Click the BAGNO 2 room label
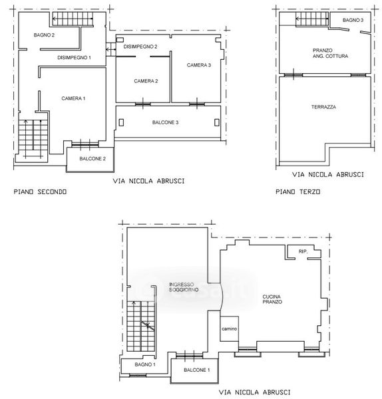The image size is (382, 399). [x=44, y=35]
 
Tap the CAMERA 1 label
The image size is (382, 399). [x=73, y=98]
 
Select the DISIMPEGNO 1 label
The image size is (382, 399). [x=74, y=58]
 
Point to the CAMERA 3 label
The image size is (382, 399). [x=199, y=65]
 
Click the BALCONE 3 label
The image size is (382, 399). [x=165, y=122]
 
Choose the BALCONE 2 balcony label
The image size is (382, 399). [x=93, y=159]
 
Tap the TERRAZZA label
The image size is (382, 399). [x=323, y=107]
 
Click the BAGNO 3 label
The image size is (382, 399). [x=353, y=20]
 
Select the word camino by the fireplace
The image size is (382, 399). [x=229, y=329]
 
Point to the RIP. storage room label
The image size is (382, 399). [x=303, y=251]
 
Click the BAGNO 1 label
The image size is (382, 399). [x=145, y=364]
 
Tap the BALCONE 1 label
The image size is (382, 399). [x=197, y=370]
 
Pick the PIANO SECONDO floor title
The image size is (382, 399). [x=40, y=192]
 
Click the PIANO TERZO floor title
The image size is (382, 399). [x=298, y=192]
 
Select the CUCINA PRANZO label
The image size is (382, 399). [x=272, y=299]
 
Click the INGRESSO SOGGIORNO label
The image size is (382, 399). [x=184, y=287]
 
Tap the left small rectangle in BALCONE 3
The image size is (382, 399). [x=121, y=122]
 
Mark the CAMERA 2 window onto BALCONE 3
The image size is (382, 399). [x=143, y=104]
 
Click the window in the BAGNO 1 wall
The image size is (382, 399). [x=138, y=375]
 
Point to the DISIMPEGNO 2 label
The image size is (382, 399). [x=140, y=47]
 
